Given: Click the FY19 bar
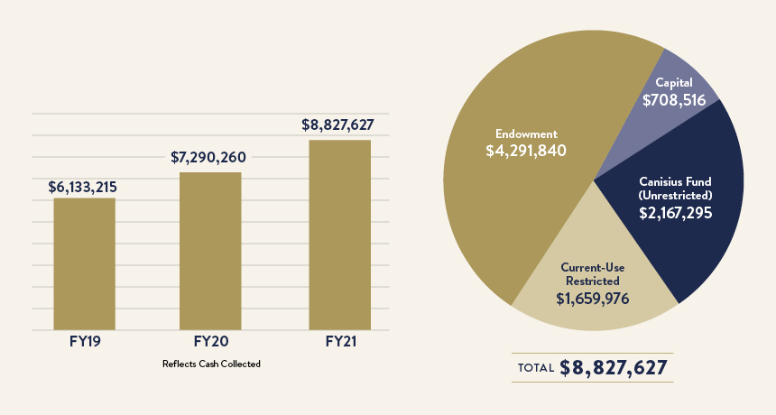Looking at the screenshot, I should (84, 263).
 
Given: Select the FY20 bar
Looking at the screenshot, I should (210, 251).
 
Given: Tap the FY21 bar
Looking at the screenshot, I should (339, 235).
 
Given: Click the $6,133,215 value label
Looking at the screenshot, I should (83, 188).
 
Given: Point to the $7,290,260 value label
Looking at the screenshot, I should (208, 158).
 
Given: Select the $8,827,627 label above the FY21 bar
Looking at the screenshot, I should (337, 125).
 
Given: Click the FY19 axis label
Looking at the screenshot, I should (84, 343).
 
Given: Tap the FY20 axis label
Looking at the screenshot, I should (210, 343).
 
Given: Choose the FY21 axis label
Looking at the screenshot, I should (340, 343).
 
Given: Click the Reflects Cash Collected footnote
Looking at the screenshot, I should (211, 364).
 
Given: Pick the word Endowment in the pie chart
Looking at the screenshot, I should (525, 133).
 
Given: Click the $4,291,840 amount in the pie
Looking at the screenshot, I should (525, 151).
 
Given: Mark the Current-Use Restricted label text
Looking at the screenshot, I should (592, 274).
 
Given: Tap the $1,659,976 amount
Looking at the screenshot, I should (592, 298).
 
